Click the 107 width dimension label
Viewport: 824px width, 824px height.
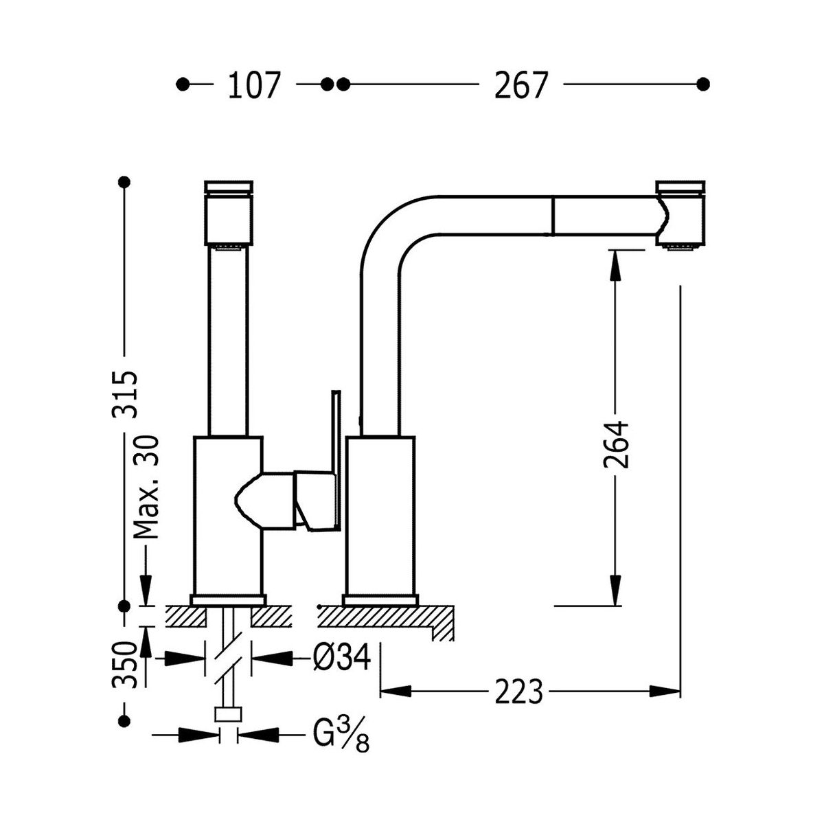click(x=254, y=86)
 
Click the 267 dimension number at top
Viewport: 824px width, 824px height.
click(x=520, y=86)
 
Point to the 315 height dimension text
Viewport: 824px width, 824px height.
click(x=125, y=394)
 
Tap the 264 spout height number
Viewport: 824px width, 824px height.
click(x=616, y=445)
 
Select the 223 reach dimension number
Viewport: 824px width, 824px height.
click(x=519, y=691)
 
